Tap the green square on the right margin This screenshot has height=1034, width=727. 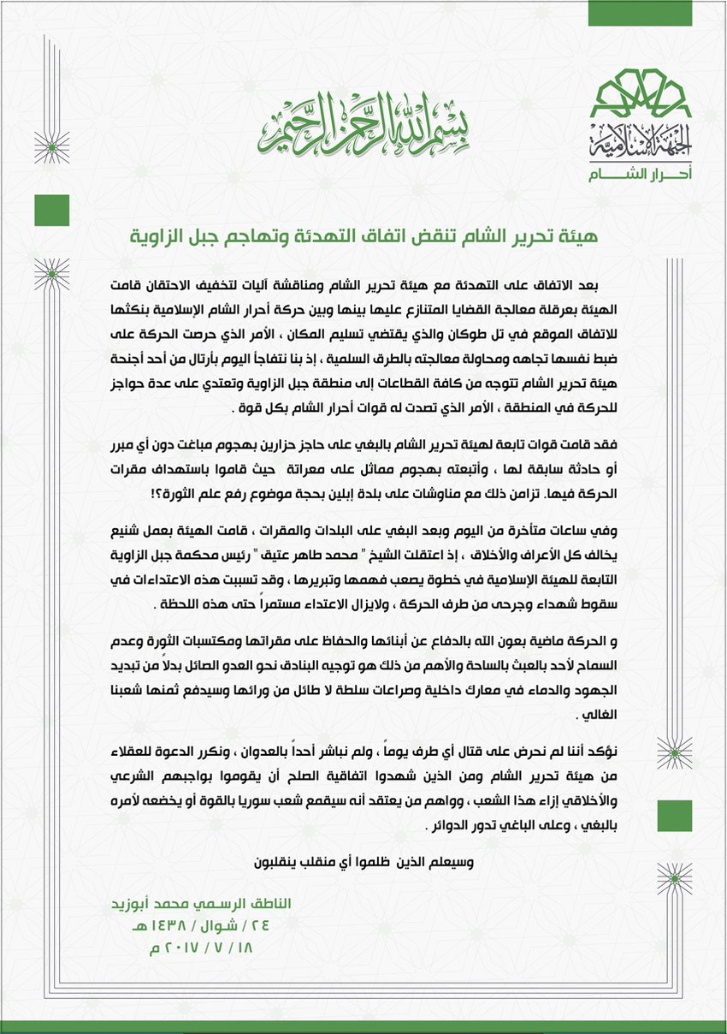[675, 817]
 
